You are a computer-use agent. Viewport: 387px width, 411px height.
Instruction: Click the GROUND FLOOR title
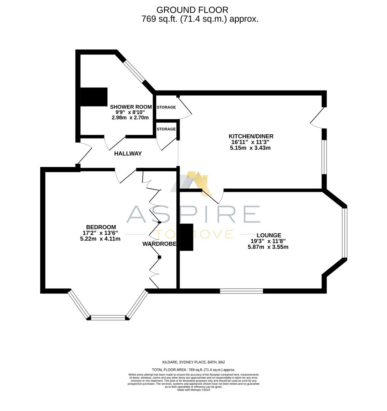[x=192, y=10]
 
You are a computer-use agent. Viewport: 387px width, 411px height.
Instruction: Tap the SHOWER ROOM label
[x=131, y=107]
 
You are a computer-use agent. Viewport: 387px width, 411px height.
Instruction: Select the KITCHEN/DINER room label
[x=251, y=136]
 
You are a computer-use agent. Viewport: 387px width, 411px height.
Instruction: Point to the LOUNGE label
[x=268, y=235]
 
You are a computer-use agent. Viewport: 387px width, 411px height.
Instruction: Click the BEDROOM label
[x=101, y=227]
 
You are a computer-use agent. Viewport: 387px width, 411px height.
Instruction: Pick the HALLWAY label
[x=128, y=154]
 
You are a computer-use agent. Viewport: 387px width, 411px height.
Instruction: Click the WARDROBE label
[x=159, y=244]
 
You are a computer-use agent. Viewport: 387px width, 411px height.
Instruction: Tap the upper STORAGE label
[x=166, y=107]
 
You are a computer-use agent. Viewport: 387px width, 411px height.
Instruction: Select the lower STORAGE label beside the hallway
[x=166, y=129]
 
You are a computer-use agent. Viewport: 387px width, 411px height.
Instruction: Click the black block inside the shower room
[x=94, y=97]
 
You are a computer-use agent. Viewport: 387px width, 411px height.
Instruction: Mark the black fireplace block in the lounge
[x=186, y=237]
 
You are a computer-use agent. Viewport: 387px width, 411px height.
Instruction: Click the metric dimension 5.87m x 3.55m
[x=268, y=247]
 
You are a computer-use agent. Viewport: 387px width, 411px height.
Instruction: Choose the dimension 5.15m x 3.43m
[x=250, y=148]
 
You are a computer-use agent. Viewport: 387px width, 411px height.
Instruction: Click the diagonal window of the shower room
[x=134, y=71]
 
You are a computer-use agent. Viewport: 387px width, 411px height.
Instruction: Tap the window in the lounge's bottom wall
[x=241, y=291]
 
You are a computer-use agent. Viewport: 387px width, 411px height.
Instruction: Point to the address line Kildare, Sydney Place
[x=193, y=362]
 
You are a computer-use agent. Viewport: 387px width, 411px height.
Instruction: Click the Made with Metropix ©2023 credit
[x=193, y=390]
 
